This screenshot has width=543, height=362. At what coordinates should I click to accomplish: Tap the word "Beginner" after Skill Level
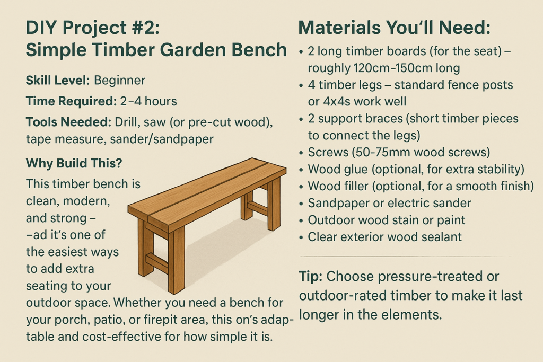coord(119,81)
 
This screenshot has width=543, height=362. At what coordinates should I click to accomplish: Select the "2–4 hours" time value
coord(148,101)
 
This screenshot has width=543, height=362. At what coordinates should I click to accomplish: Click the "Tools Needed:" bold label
coord(68,122)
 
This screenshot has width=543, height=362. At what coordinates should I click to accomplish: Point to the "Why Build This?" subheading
coord(74,163)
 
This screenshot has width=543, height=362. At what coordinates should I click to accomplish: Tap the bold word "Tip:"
coord(311,277)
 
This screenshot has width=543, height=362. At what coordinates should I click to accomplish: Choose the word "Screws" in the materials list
coord(323,152)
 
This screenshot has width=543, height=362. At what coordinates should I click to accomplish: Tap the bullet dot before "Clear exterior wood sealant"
coord(301,238)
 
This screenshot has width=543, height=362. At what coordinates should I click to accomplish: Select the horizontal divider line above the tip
coord(405,257)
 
